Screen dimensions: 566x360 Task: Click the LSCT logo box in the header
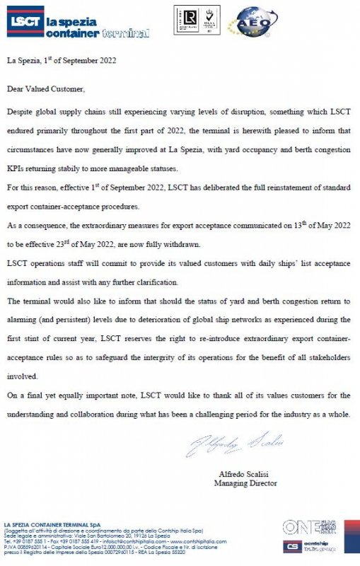pos(25,21)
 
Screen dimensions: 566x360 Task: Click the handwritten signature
pos(235,443)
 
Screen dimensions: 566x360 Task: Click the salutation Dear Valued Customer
pos(46,89)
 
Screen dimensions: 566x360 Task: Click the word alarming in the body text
pos(25,320)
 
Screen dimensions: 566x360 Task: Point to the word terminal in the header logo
pos(126,33)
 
